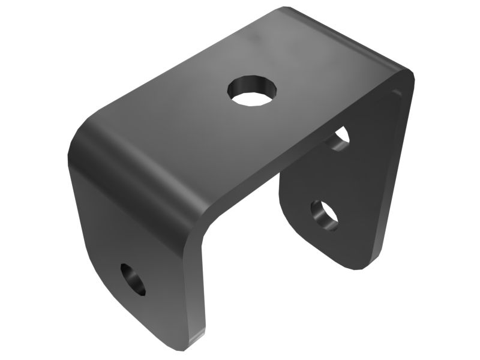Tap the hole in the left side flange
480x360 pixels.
134,279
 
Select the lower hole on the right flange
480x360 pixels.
325,215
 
